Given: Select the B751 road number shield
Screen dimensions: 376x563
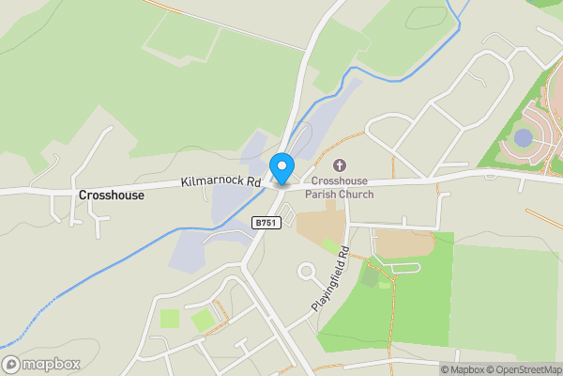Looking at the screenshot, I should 266,222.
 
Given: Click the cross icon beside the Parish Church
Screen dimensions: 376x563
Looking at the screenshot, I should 339,165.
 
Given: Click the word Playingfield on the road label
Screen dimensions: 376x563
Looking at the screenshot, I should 327,287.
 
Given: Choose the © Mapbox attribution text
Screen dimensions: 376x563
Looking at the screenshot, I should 466,369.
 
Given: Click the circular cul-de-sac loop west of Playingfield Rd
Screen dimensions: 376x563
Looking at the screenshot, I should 306,273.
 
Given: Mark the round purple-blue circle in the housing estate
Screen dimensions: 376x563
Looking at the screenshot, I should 523,139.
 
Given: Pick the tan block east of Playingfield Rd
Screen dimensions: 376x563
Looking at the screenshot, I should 403,243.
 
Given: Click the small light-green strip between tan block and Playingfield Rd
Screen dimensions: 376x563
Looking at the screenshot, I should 330,246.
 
